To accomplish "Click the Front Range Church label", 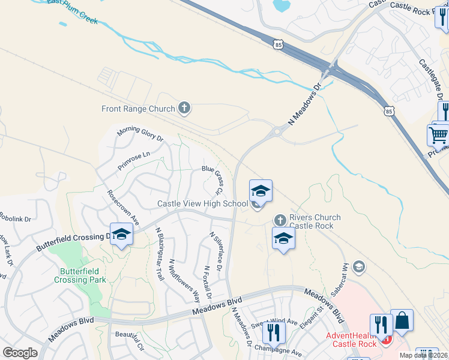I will point(138,109).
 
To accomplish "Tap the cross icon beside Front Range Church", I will point(184,109).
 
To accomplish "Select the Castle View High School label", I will point(202,204).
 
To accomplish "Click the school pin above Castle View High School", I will point(261,191).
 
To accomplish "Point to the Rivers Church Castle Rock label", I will point(315,221).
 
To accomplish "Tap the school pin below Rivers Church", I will point(283,239).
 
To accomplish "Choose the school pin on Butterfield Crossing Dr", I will point(121,235).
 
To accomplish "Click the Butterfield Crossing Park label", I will point(80,275).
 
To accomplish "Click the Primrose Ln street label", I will point(133,160).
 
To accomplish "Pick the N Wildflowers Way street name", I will point(184,280).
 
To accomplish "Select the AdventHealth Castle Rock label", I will point(351,340).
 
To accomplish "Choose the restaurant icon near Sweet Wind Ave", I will point(274,332).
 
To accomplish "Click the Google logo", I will point(20,352).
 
